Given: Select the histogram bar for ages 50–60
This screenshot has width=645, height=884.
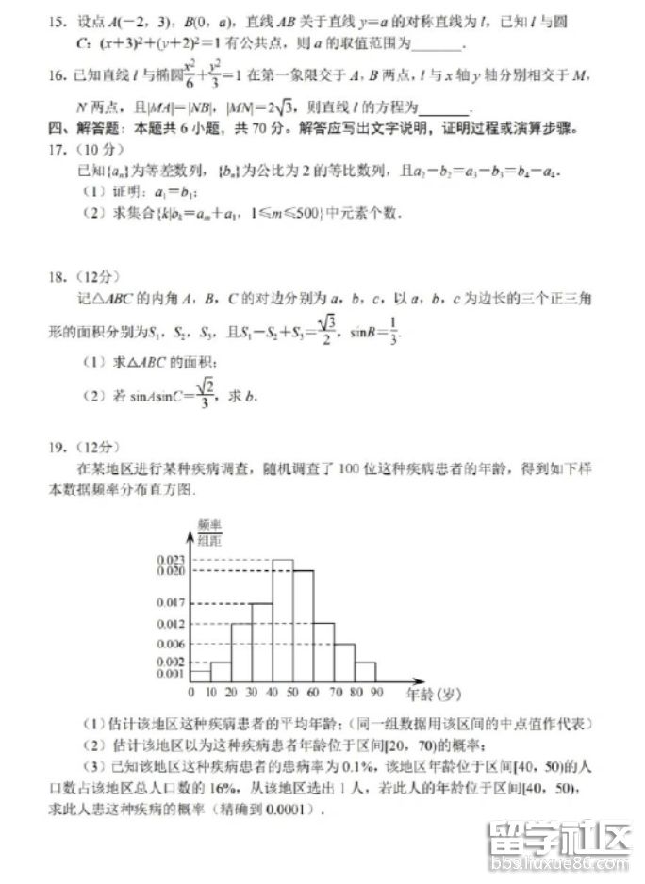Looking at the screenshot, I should tap(303, 626).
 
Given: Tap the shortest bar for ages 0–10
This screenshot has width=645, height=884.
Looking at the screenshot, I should tap(200, 676).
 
